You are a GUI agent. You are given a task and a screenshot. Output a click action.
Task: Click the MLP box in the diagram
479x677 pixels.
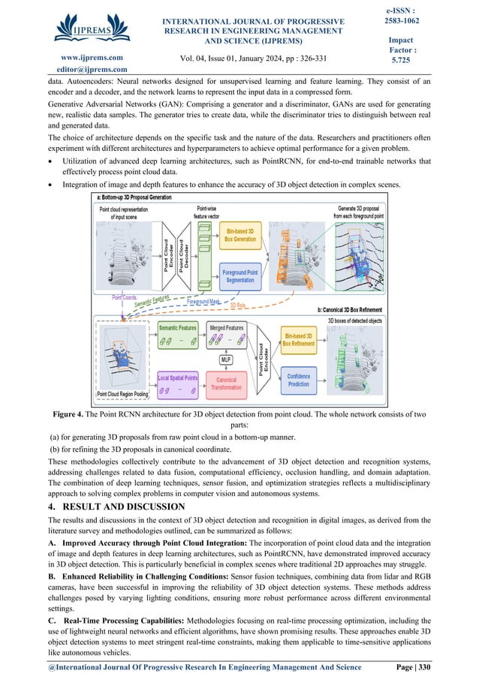[226, 360]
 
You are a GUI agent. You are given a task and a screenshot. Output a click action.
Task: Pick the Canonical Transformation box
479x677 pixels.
[226, 384]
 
